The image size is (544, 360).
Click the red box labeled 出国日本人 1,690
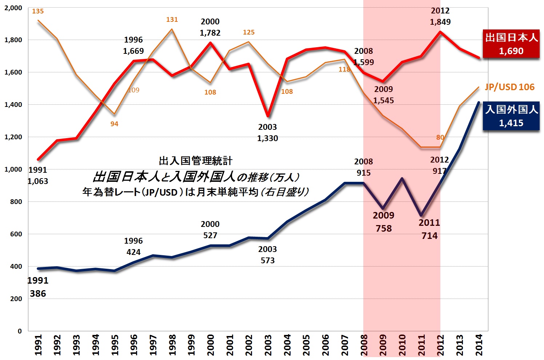click(x=511, y=44)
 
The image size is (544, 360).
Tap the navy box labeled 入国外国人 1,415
click(x=511, y=116)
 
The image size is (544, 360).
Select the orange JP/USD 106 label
click(x=510, y=87)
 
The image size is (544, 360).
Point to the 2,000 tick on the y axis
click(x=13, y=8)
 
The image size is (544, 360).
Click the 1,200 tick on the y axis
click(x=13, y=137)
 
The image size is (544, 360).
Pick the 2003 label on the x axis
click(x=268, y=345)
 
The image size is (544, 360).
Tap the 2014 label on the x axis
click(x=479, y=345)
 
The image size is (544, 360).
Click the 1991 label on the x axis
click(x=38, y=345)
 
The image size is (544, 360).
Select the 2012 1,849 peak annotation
click(x=440, y=16)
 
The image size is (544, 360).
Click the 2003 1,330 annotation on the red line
click(x=268, y=133)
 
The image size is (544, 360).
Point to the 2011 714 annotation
click(x=429, y=229)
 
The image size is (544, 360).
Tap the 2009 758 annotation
click(x=384, y=222)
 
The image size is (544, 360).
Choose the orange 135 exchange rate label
click(x=38, y=11)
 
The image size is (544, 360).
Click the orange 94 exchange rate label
click(x=114, y=124)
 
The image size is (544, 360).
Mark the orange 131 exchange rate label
click(x=172, y=20)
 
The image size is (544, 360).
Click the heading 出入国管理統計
click(x=196, y=161)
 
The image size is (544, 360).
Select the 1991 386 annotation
click(x=38, y=287)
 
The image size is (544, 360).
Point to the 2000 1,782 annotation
click(x=210, y=27)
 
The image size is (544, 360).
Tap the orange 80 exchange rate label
click(x=440, y=137)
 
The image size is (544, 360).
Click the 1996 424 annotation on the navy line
click(x=133, y=247)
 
